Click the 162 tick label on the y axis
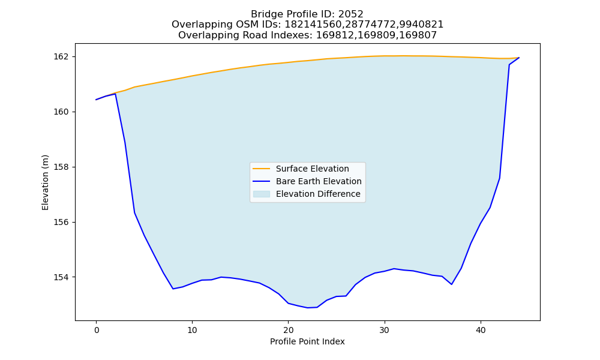(x=61, y=56)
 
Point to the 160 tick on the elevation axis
(x=61, y=112)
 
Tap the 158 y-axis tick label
(x=61, y=167)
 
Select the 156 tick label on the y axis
(x=61, y=222)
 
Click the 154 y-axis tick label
(x=61, y=277)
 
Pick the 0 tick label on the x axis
(x=97, y=330)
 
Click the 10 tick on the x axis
(x=193, y=330)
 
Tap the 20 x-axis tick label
(x=289, y=330)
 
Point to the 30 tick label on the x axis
(x=385, y=330)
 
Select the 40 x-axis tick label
(x=481, y=330)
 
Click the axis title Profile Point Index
(x=307, y=341)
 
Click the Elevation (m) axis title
(x=45, y=182)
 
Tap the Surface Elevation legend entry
(x=312, y=169)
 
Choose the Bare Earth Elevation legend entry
(x=319, y=181)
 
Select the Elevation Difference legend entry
(x=318, y=194)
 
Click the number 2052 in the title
(x=350, y=14)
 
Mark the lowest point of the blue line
(x=308, y=308)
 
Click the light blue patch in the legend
(x=262, y=194)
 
